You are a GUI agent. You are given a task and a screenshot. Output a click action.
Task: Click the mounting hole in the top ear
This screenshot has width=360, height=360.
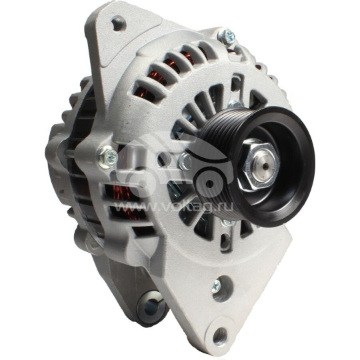[x=119, y=25]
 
